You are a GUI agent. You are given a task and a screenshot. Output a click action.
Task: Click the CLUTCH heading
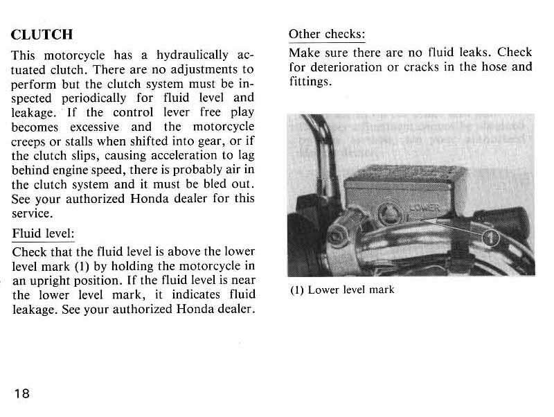pyautogui.click(x=42, y=34)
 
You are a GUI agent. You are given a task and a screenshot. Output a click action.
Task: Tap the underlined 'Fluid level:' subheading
pyautogui.click(x=43, y=233)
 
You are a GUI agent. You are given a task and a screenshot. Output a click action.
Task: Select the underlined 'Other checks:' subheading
pyautogui.click(x=326, y=34)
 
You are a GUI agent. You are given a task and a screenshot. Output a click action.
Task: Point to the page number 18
pyautogui.click(x=21, y=393)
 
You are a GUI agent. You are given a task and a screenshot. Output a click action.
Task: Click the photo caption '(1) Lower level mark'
pyautogui.click(x=341, y=289)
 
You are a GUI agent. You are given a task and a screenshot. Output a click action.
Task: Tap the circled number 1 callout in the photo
pyautogui.click(x=490, y=238)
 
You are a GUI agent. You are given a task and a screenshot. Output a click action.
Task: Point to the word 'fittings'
pyautogui.click(x=308, y=82)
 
